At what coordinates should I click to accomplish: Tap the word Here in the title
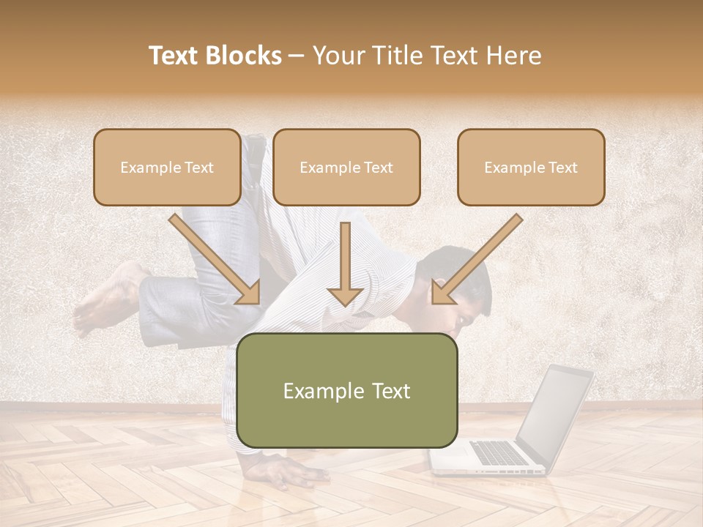(x=512, y=56)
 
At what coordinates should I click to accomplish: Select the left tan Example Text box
(x=167, y=167)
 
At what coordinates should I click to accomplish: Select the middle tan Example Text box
(x=346, y=167)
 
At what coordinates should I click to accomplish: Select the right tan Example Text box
(x=531, y=167)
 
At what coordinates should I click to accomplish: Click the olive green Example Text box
(x=346, y=390)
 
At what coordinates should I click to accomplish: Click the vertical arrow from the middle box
(x=345, y=263)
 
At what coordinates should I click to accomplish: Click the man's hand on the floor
(x=289, y=469)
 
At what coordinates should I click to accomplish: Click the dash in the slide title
(x=297, y=56)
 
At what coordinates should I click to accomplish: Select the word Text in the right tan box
(x=562, y=168)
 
